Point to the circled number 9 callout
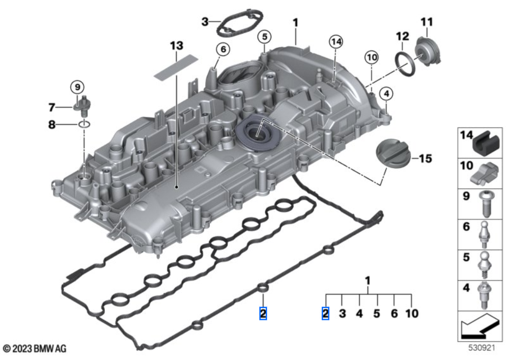coord(77,87)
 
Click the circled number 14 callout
coord(335,41)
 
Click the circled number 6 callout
coord(222,49)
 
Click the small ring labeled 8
coord(85,124)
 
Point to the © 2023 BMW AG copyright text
coord(35,349)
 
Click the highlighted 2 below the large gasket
coord(263,313)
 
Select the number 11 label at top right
coord(426,22)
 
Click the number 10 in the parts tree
coord(411,313)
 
